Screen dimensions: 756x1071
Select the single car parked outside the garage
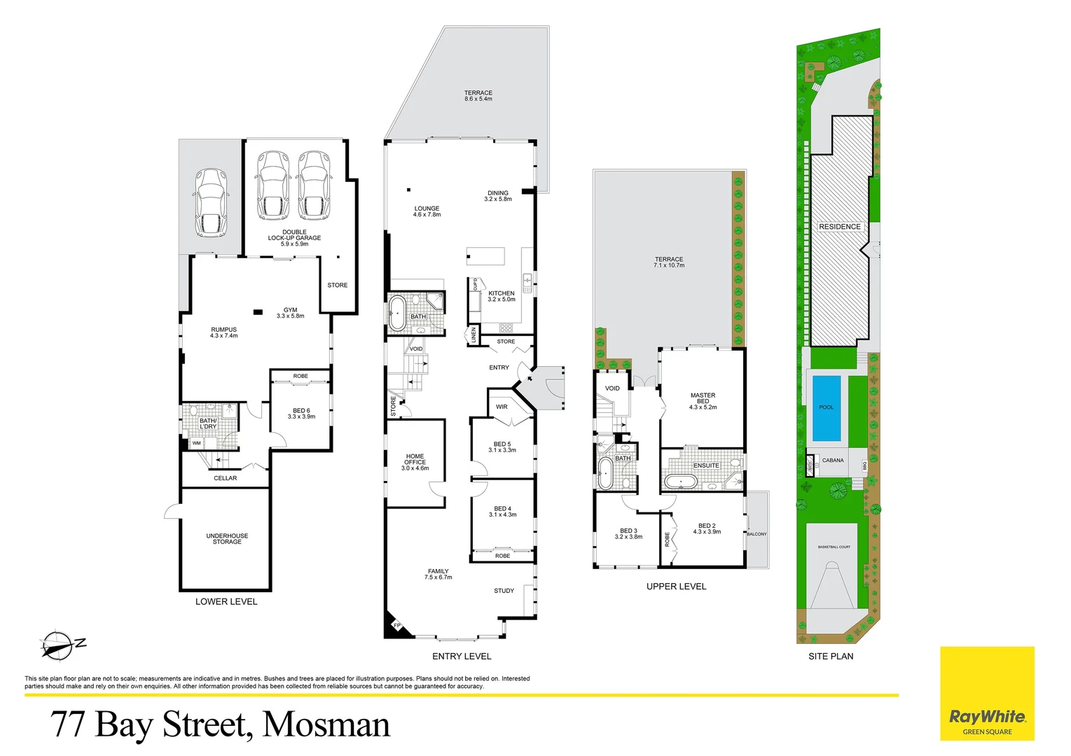pos(210,202)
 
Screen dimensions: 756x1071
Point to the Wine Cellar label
pos(226,478)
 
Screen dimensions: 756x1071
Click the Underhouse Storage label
pos(227,539)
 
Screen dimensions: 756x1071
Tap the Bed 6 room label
pos(301,414)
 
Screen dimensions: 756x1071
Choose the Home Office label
pos(415,462)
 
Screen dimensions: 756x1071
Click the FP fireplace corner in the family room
pos(396,625)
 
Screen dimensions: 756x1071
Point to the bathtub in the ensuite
pos(679,481)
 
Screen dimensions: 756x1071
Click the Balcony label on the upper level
pos(756,534)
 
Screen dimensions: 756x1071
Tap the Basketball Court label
pos(834,547)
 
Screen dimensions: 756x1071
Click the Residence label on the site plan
pos(840,227)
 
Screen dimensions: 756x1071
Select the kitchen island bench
pos(486,256)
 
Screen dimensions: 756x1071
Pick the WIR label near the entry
pos(502,407)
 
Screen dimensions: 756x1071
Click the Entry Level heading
pos(462,656)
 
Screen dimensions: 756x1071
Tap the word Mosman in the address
pos(326,724)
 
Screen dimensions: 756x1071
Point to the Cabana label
pos(833,461)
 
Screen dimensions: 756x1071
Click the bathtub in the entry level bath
pos(398,313)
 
